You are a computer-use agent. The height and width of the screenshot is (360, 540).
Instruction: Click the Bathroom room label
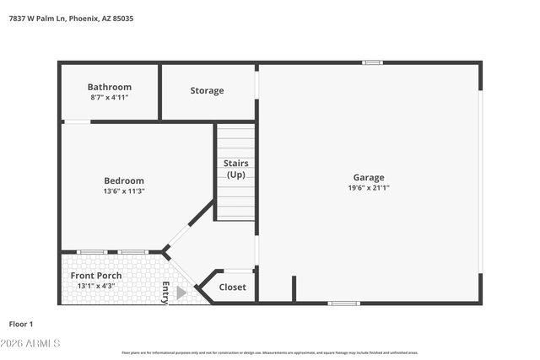pyautogui.click(x=110, y=87)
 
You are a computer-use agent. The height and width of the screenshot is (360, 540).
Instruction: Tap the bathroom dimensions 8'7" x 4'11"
pyautogui.click(x=110, y=98)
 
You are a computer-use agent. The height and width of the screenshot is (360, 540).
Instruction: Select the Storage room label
pyautogui.click(x=207, y=90)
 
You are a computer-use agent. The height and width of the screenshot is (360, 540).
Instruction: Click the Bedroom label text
pyautogui.click(x=124, y=180)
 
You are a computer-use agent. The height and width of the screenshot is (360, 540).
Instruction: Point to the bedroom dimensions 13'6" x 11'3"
pyautogui.click(x=124, y=191)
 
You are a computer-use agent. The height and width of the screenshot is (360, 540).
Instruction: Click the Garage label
pyautogui.click(x=369, y=177)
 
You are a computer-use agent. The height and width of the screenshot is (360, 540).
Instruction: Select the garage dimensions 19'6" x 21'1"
pyautogui.click(x=369, y=188)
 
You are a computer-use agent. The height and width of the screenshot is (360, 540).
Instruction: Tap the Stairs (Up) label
pyautogui.click(x=235, y=169)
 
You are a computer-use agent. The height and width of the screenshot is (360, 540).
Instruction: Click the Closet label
pyautogui.click(x=232, y=287)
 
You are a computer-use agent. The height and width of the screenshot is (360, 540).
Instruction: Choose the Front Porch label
pyautogui.click(x=96, y=276)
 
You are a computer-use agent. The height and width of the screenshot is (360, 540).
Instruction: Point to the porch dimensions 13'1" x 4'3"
pyautogui.click(x=96, y=287)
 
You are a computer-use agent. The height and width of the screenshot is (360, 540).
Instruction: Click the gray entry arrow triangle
pyautogui.click(x=181, y=293)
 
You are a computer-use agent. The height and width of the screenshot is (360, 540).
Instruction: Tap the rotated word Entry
pyautogui.click(x=165, y=292)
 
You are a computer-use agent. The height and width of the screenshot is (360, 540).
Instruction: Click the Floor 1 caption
pyautogui.click(x=21, y=324)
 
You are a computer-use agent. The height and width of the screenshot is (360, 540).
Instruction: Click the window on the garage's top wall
pyautogui.click(x=372, y=62)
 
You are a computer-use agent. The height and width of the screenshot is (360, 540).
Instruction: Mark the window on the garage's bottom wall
pyautogui.click(x=343, y=303)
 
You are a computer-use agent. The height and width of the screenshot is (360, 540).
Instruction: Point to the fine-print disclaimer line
pyautogui.click(x=270, y=352)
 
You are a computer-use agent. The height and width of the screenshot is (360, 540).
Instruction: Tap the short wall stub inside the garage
pyautogui.click(x=293, y=288)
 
